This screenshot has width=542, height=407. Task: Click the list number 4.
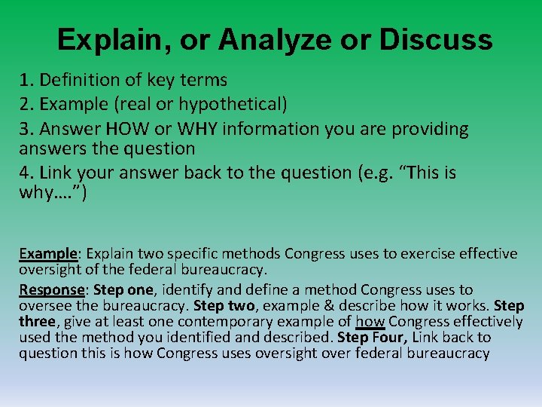point(24,173)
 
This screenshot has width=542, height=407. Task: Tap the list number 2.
point(24,103)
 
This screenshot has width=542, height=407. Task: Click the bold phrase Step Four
point(370,338)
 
